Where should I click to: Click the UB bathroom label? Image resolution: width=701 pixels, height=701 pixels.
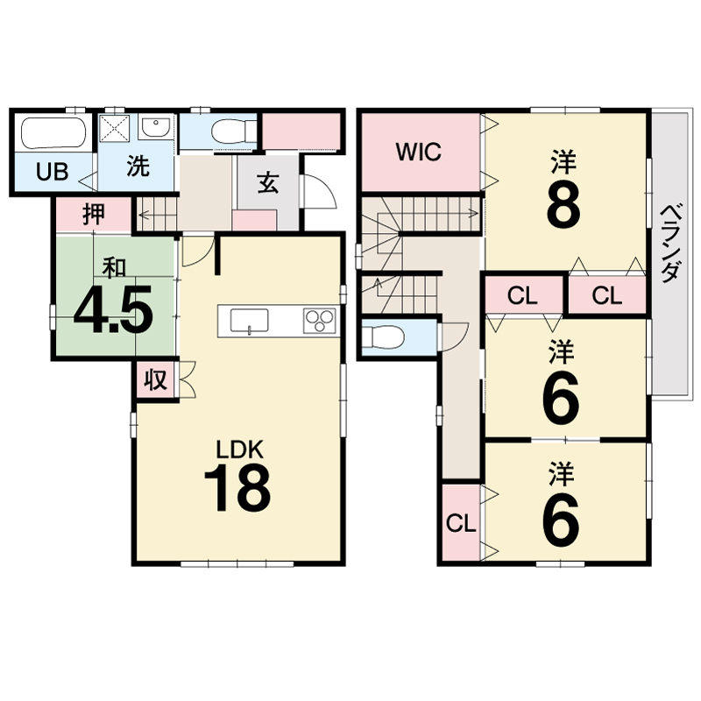click(x=53, y=172)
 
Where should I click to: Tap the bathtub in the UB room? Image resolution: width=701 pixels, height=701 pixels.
click(x=53, y=134)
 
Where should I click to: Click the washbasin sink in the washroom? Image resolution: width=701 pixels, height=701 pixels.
click(x=154, y=127)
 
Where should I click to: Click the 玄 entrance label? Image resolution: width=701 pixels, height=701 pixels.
click(x=268, y=182)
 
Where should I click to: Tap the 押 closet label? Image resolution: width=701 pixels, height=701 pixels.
click(x=94, y=214)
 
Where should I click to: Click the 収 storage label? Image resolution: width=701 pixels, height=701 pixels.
click(x=156, y=380)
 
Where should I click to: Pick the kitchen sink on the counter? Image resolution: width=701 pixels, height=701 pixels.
click(x=249, y=321)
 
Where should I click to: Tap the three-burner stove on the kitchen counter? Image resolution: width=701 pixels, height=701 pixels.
click(x=319, y=321)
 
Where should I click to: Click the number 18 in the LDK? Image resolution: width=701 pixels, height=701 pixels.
click(x=237, y=487)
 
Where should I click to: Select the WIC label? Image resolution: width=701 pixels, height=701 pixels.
click(x=419, y=152)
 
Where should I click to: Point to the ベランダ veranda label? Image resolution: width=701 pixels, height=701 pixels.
click(x=671, y=244)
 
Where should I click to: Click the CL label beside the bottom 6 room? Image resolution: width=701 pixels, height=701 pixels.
click(x=461, y=523)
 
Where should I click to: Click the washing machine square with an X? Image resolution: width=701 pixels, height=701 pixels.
click(x=114, y=127)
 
